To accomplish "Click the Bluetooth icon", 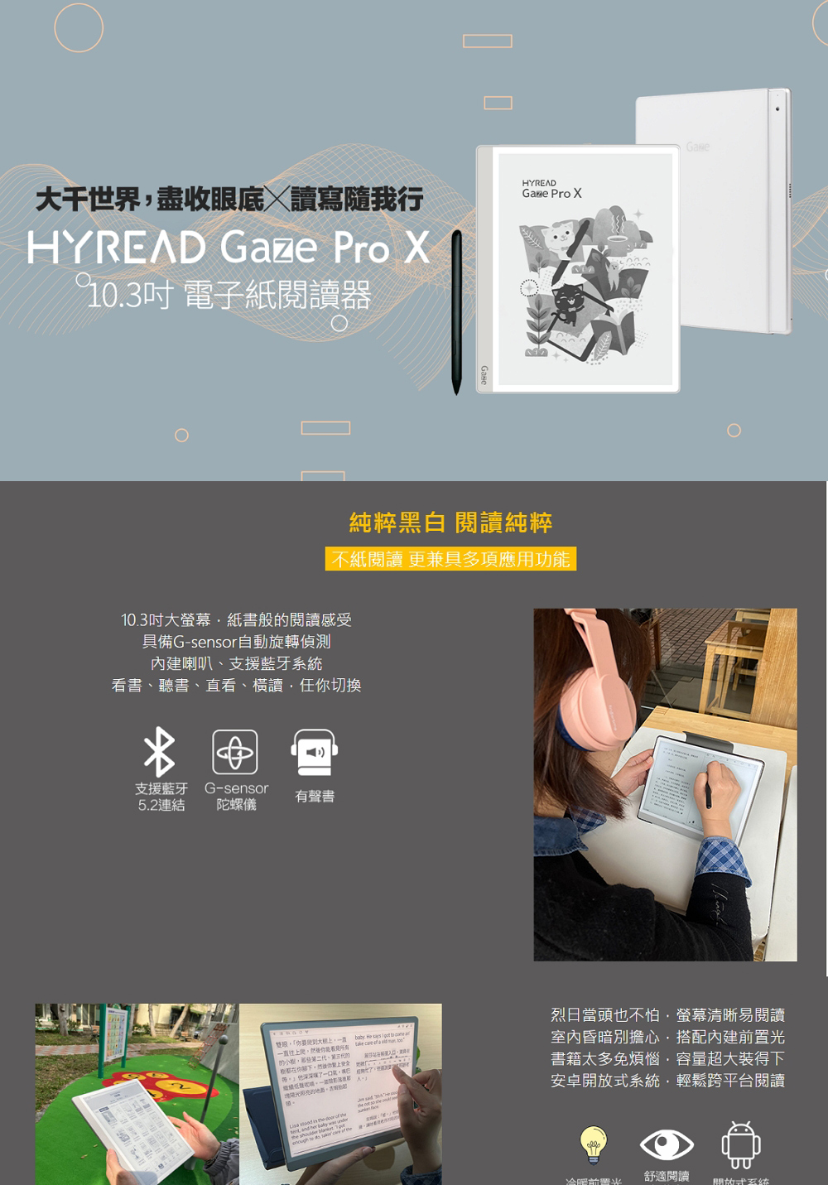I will (160, 752).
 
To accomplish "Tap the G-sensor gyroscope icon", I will (235, 752).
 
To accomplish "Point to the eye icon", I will (667, 1145).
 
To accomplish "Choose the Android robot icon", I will (740, 1145).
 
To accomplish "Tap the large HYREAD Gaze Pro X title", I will (229, 248).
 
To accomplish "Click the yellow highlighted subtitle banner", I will (450, 559).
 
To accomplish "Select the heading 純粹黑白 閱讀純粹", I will (450, 523).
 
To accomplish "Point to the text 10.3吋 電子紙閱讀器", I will (229, 295).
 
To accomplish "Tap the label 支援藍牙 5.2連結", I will (161, 797).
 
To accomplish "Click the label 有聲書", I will (315, 797).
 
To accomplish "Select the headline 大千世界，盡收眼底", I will (150, 200).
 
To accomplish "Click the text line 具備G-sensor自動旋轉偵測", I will (236, 642).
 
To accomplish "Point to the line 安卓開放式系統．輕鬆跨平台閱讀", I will (667, 1081).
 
